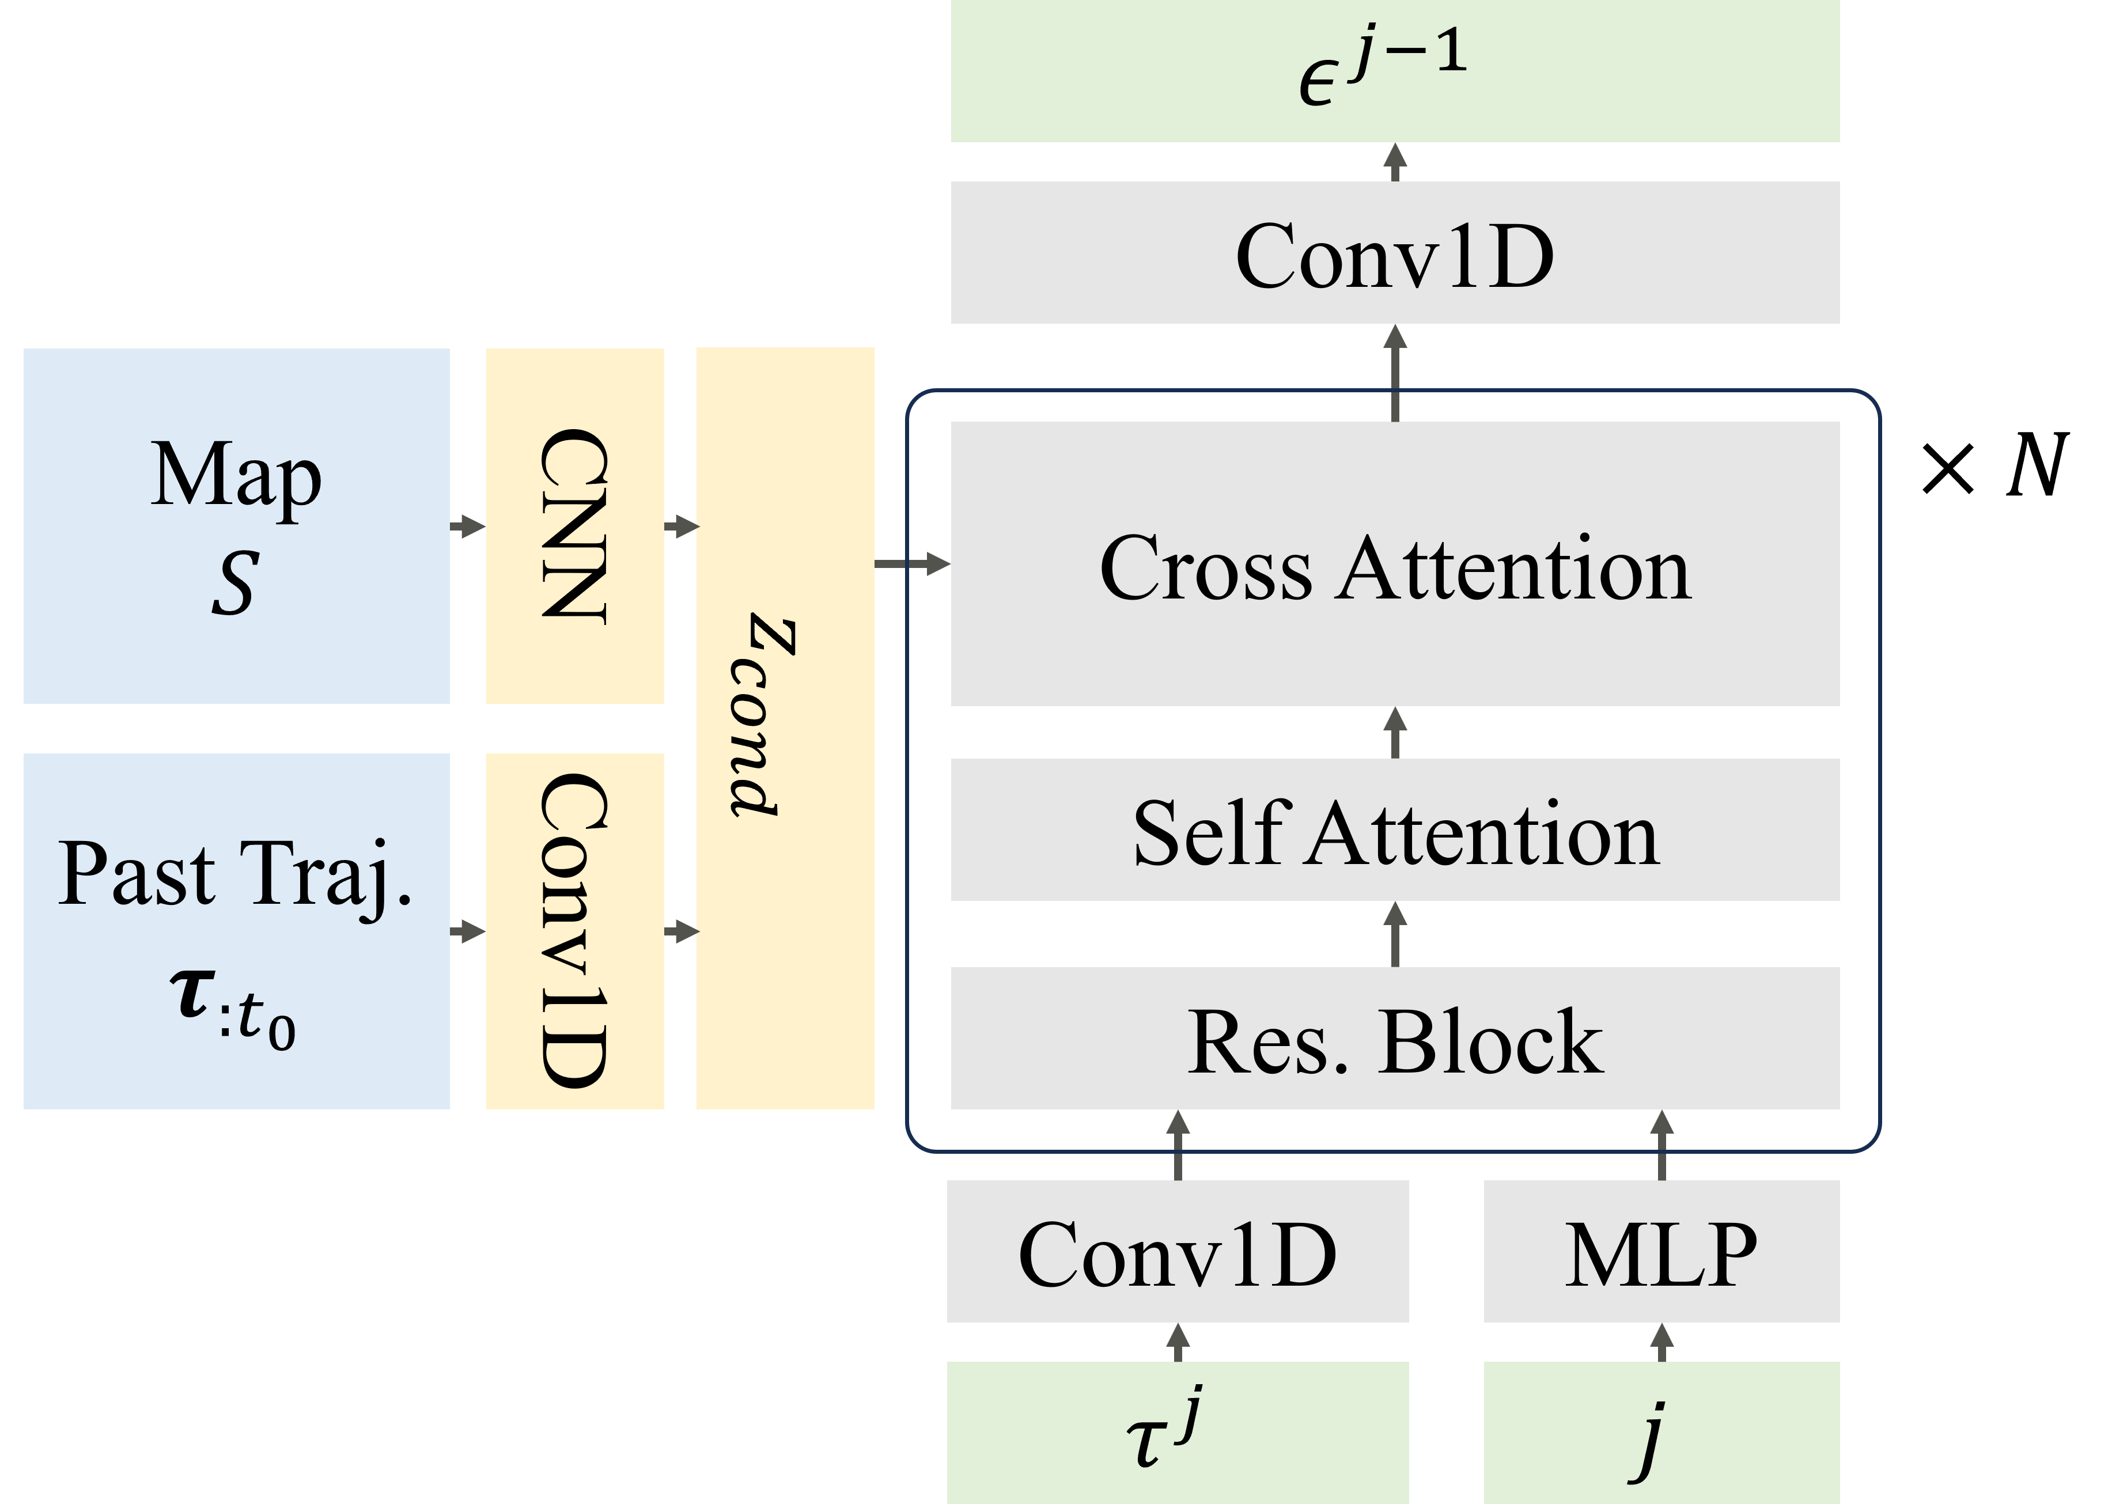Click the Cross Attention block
pyautogui.click(x=1394, y=565)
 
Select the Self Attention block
pyautogui.click(x=1394, y=831)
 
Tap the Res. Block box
pyautogui.click(x=1394, y=1039)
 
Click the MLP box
pyautogui.click(x=1661, y=1252)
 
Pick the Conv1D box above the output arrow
pyautogui.click(x=1394, y=254)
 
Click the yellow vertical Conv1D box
pyautogui.click(x=574, y=931)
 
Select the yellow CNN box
pyautogui.click(x=574, y=526)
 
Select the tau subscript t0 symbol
pyautogui.click(x=233, y=1009)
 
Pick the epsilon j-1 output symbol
pyautogui.click(x=1382, y=67)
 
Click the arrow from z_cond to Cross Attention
pyautogui.click(x=913, y=563)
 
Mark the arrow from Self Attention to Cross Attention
pyautogui.click(x=1395, y=733)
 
